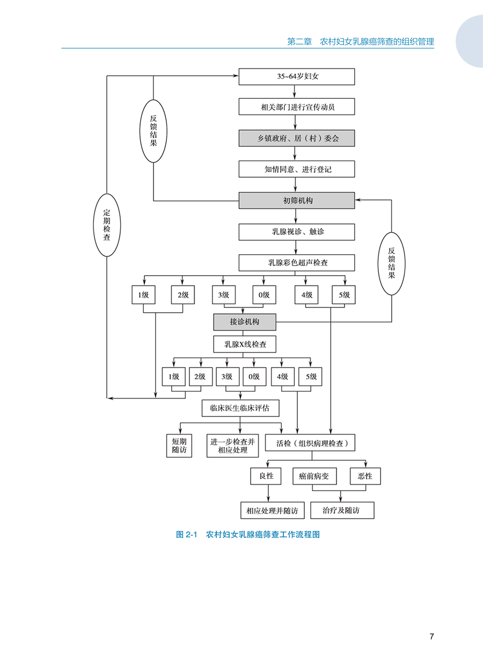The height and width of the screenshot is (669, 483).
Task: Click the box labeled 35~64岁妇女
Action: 297,77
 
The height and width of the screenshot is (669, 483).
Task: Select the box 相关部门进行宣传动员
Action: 297,107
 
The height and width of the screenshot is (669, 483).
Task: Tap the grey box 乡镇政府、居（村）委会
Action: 297,138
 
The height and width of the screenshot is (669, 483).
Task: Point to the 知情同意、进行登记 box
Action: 297,169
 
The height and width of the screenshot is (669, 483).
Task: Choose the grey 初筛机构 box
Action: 297,200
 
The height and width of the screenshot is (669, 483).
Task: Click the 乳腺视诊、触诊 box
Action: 297,232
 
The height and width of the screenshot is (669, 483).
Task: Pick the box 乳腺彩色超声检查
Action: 297,263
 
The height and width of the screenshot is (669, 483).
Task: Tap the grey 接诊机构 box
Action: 245,322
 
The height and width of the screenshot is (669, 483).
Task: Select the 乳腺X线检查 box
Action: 245,344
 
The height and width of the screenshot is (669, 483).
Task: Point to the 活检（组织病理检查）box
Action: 318,443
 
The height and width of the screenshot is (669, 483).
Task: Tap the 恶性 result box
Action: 365,476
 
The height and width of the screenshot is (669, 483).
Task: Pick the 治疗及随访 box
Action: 342,510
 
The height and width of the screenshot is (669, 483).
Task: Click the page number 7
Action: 431,637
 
